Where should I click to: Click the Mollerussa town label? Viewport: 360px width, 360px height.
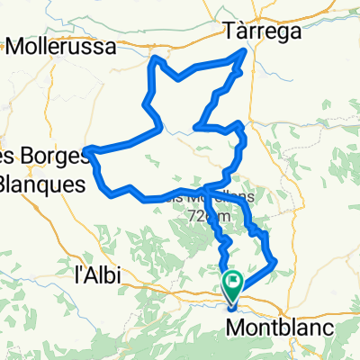(x=62, y=48)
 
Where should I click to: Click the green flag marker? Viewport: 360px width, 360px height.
(x=233, y=284)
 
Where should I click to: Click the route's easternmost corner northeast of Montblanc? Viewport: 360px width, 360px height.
(x=274, y=263)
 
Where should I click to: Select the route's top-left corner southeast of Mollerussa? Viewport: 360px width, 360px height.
(x=155, y=59)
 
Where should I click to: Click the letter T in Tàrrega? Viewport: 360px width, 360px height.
(x=229, y=31)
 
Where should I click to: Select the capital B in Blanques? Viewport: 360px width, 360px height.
(x=7, y=183)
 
